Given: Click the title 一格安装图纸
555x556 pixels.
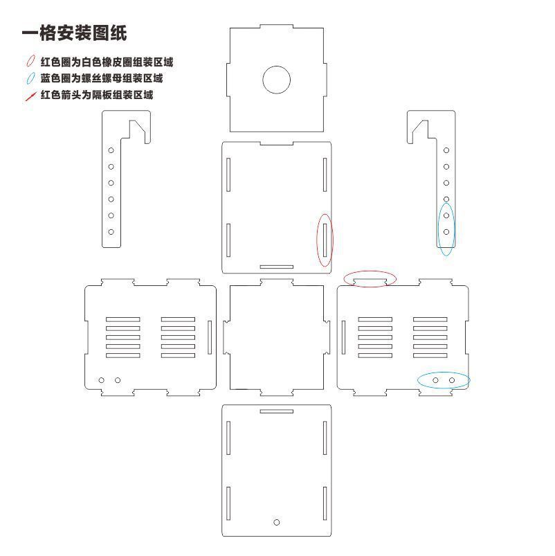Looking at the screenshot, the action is (x=75, y=33).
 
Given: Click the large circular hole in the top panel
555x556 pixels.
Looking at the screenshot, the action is (x=276, y=80).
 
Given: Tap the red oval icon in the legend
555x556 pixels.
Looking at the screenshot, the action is (x=31, y=61).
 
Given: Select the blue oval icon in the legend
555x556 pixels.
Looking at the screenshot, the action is (x=31, y=78).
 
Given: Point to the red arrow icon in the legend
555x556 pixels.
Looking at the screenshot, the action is (x=31, y=96).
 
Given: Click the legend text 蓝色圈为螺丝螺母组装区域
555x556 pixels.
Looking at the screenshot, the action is (x=101, y=78).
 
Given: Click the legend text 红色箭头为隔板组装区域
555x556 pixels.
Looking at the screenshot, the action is (x=97, y=95).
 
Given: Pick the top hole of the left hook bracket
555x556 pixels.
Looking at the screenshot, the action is (x=111, y=150).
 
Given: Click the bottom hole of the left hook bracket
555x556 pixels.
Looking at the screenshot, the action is (x=111, y=232).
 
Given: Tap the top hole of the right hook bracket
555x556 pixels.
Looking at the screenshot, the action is (x=446, y=150).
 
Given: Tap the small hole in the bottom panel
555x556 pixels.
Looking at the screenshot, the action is (x=276, y=522).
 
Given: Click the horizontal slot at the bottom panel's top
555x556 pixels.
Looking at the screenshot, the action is (x=276, y=411).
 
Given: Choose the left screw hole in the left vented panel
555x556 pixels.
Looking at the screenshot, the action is (x=101, y=380).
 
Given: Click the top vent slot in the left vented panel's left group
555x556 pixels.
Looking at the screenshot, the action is (x=123, y=319).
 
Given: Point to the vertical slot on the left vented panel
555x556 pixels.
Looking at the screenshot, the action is (x=210, y=337).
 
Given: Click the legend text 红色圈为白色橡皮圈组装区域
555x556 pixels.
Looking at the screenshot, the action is (x=107, y=62).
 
